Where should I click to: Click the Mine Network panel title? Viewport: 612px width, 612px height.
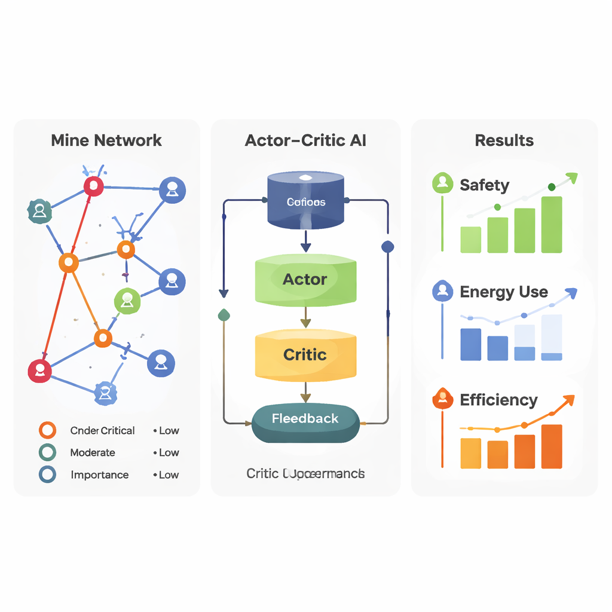tap(106, 140)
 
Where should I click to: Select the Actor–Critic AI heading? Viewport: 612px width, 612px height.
tap(305, 140)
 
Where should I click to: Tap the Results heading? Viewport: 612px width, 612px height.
tap(504, 140)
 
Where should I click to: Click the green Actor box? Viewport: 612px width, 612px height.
tap(305, 279)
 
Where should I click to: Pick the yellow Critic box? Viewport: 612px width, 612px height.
tap(305, 354)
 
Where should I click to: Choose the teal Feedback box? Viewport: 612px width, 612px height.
tap(305, 419)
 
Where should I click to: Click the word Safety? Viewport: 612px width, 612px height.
tap(484, 185)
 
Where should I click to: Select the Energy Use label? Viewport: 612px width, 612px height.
tap(504, 292)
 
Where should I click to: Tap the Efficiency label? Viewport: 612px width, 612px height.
tap(498, 400)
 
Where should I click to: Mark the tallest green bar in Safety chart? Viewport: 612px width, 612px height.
tap(552, 225)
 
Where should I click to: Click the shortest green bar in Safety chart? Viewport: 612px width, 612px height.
tap(470, 240)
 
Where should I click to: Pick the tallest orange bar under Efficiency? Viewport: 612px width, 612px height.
tap(552, 446)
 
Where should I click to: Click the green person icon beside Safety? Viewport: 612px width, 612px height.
tap(442, 183)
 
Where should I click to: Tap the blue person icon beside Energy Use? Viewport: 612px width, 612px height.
tap(442, 291)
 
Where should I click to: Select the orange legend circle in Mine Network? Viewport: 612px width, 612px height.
tap(47, 430)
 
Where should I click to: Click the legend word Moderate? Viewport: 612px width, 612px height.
tap(93, 452)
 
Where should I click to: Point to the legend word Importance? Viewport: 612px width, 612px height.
tap(99, 475)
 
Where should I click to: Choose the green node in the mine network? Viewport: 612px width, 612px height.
tap(127, 301)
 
